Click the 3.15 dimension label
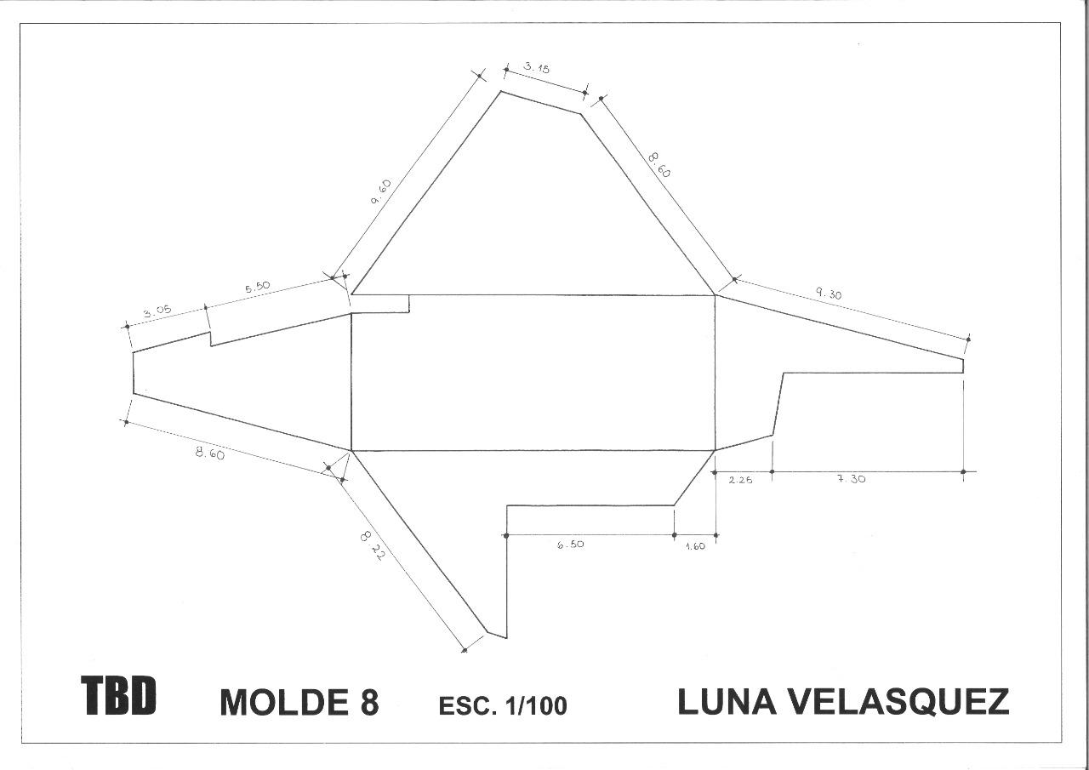tap(537, 68)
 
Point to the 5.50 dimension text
tap(257, 288)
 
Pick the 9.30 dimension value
tap(829, 294)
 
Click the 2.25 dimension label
tap(740, 479)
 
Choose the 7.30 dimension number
tap(851, 479)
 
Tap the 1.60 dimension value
tap(695, 546)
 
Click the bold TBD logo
tap(119, 695)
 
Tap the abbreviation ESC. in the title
tap(466, 705)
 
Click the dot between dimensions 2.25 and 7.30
tap(772, 471)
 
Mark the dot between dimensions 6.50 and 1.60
tap(674, 536)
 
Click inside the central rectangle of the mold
tap(533, 373)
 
